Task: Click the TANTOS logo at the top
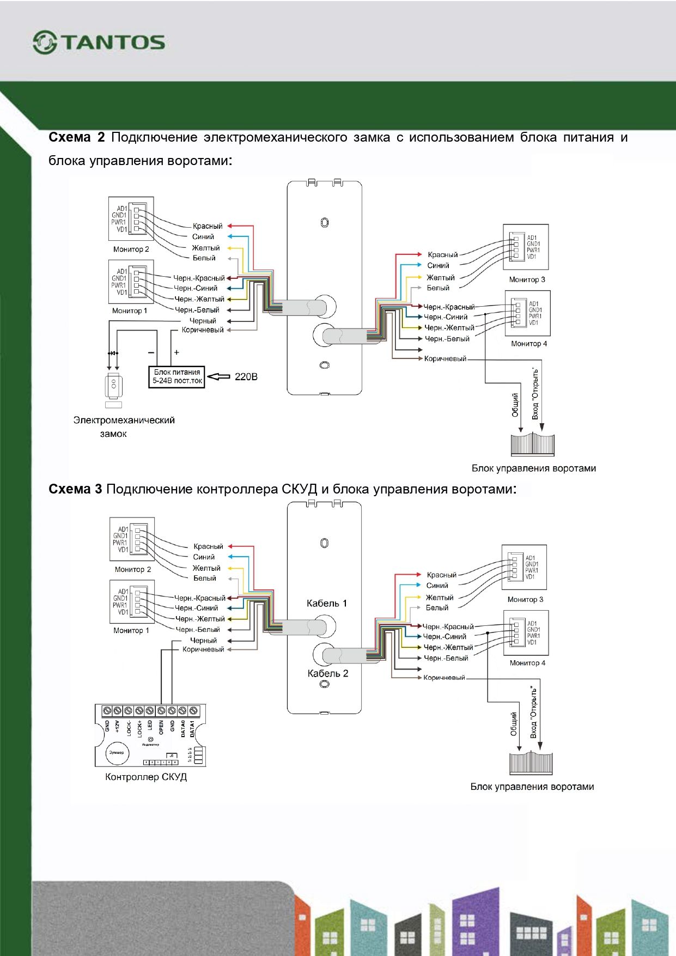pos(99,42)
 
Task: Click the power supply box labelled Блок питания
pos(177,376)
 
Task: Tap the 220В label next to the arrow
pos(246,376)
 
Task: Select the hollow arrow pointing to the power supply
pos(219,376)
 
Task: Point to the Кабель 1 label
pos(326,603)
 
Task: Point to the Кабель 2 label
pos(327,673)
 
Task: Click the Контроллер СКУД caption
pos(146,777)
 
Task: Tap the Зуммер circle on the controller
pos(117,752)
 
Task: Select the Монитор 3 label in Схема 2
pos(527,279)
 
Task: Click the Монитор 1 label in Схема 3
pos(131,630)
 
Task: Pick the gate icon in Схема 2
pos(532,444)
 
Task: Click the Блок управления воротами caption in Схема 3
pos(532,787)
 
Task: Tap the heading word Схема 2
pos(76,137)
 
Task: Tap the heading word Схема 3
pos(75,489)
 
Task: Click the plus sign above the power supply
pos(176,352)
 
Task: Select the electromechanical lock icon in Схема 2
pos(114,387)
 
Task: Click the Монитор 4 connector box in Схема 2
pos(527,313)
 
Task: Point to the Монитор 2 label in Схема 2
pos(131,249)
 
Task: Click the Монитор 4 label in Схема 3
pos(527,663)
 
